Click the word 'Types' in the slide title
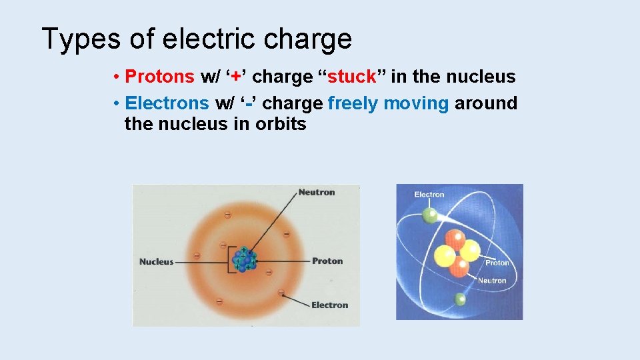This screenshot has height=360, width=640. pyautogui.click(x=81, y=40)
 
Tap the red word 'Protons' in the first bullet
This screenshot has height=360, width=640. pyautogui.click(x=160, y=77)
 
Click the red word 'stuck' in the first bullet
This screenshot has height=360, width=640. pyautogui.click(x=353, y=77)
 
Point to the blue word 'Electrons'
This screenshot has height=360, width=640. pyautogui.click(x=167, y=103)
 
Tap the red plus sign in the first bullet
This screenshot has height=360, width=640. pyautogui.click(x=237, y=77)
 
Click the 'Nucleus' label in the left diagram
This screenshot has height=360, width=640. pyautogui.click(x=156, y=262)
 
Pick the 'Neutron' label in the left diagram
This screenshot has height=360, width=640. pyautogui.click(x=317, y=193)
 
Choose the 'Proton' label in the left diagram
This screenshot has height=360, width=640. pyautogui.click(x=327, y=261)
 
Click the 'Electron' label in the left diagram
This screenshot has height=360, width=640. pyautogui.click(x=329, y=305)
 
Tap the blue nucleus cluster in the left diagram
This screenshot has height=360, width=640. pyautogui.click(x=245, y=259)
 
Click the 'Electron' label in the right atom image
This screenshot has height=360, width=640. pyautogui.click(x=429, y=195)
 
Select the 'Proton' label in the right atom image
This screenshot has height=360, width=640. pyautogui.click(x=497, y=263)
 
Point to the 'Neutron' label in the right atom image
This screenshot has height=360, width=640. pyautogui.click(x=492, y=281)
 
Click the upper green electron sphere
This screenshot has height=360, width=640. pyautogui.click(x=431, y=215)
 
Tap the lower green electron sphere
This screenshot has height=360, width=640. pyautogui.click(x=460, y=299)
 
